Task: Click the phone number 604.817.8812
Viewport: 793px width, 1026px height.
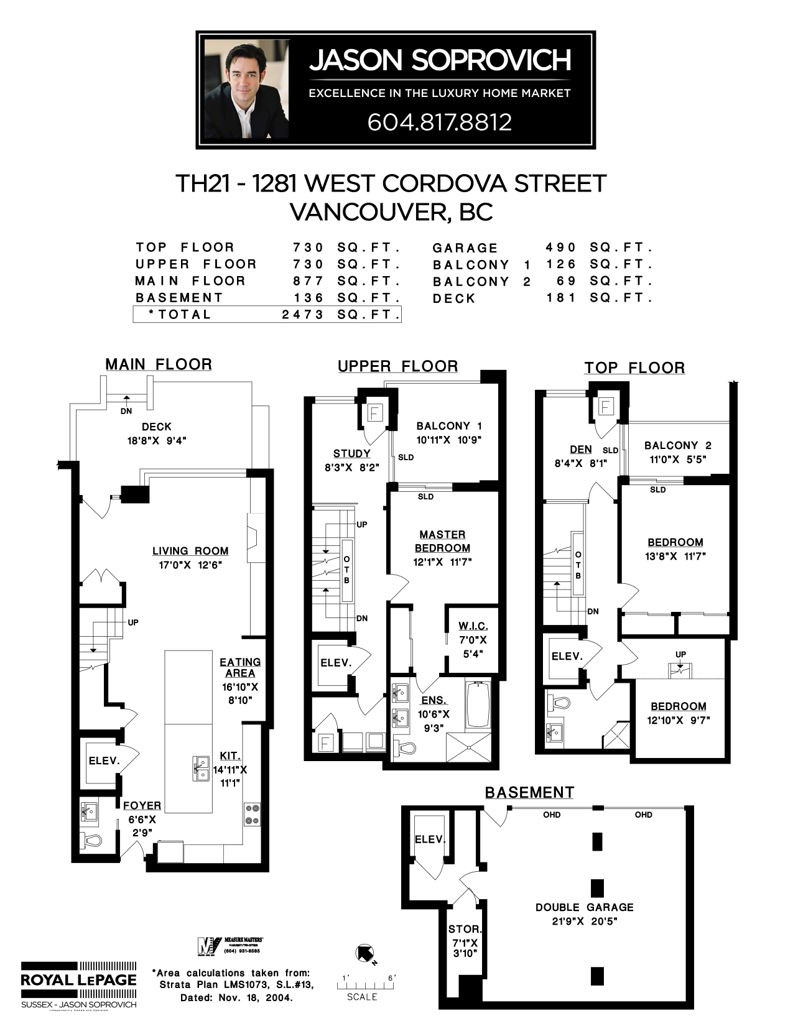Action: click(439, 122)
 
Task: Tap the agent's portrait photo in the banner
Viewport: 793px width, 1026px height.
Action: click(246, 88)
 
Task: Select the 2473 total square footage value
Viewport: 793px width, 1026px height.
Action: click(303, 315)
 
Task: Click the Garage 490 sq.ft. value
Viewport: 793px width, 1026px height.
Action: click(561, 247)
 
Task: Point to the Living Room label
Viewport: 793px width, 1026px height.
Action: click(190, 551)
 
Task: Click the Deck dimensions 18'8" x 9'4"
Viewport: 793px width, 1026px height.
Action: click(156, 441)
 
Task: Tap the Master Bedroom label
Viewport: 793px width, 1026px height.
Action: click(442, 541)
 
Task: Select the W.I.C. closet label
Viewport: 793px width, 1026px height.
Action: click(473, 626)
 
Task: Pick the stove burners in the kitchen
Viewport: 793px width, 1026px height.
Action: click(252, 815)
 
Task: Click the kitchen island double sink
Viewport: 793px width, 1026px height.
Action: click(201, 769)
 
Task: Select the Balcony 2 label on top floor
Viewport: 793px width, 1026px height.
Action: click(677, 446)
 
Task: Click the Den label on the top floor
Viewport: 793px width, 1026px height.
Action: click(580, 450)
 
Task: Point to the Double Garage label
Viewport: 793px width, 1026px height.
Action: click(584, 907)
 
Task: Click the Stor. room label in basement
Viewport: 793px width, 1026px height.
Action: click(465, 930)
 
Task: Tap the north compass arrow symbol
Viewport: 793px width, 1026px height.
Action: click(364, 953)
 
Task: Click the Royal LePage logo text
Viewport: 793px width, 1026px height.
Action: click(78, 981)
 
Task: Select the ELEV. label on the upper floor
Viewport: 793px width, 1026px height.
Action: click(336, 663)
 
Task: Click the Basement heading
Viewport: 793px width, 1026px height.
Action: click(529, 793)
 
